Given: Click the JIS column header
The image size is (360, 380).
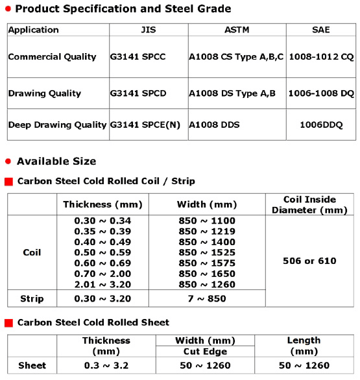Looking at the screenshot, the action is click(x=148, y=30).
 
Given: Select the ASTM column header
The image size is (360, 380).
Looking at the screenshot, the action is click(x=236, y=30).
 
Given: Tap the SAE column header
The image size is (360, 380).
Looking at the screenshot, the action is click(x=320, y=30).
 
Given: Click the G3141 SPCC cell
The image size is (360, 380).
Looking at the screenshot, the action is click(x=138, y=57).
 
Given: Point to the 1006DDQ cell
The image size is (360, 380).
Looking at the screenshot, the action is click(x=320, y=124).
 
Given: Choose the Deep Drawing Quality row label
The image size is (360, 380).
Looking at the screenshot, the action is click(x=57, y=124).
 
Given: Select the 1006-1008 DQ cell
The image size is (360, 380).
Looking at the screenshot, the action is click(x=320, y=93).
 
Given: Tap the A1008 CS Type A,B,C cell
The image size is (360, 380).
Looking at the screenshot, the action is click(x=236, y=57).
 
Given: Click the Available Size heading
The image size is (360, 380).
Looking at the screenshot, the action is click(x=56, y=161).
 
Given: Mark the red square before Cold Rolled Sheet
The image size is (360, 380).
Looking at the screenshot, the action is click(x=9, y=322).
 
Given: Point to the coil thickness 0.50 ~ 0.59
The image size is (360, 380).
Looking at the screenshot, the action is click(x=102, y=252).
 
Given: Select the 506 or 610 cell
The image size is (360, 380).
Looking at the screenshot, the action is click(x=310, y=261).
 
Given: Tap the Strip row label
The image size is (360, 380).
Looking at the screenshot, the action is click(x=32, y=299).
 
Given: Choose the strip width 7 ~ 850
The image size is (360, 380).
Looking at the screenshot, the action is click(x=206, y=299).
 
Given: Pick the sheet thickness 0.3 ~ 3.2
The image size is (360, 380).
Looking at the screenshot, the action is click(x=106, y=366).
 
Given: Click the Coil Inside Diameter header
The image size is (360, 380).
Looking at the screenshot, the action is click(x=310, y=204).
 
